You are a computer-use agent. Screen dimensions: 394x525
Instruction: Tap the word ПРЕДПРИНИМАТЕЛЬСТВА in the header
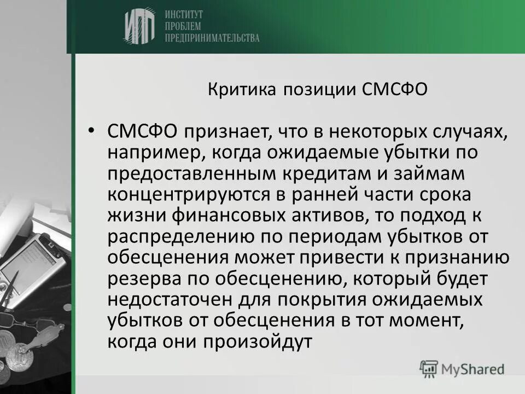click(211, 38)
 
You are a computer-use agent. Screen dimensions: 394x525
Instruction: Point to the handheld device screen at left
click(22, 263)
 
